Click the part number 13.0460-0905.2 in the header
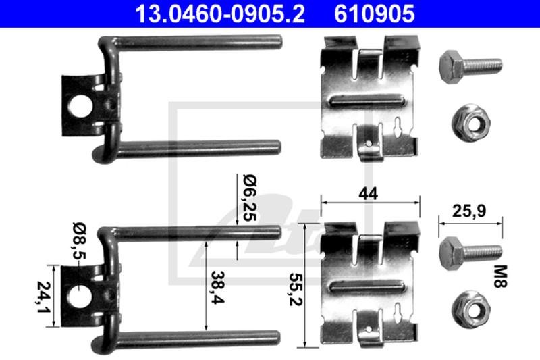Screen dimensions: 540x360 click(x=220, y=14)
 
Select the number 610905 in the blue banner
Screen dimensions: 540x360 click(x=375, y=14)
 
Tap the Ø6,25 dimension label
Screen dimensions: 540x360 click(x=250, y=198)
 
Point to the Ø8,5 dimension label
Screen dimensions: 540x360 click(x=80, y=241)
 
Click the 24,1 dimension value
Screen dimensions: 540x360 click(x=44, y=297)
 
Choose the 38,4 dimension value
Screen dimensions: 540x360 click(x=218, y=287)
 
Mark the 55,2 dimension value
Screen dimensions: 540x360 click(x=296, y=289)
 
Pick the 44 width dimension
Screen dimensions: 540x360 click(x=368, y=194)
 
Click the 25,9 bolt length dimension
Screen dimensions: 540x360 click(x=469, y=211)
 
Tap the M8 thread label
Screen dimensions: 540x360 click(x=500, y=276)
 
